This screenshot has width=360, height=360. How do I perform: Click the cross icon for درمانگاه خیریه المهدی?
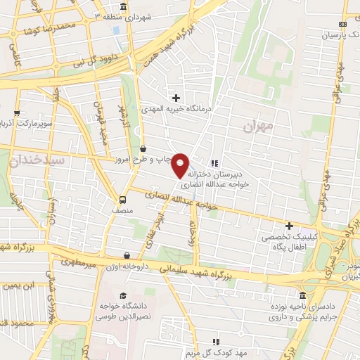(x=176, y=97)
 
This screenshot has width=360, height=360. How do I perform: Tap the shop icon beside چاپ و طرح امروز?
(x=143, y=149)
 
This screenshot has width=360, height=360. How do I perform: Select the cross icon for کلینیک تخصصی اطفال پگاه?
(x=289, y=226)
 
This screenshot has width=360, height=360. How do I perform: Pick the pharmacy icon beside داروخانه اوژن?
(x=126, y=256)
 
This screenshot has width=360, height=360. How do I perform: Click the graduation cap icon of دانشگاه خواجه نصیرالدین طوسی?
(x=123, y=296)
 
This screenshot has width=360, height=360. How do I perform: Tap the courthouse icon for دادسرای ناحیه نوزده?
(x=302, y=295)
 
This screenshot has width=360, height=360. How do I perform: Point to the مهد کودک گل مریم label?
(x=248, y=352)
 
